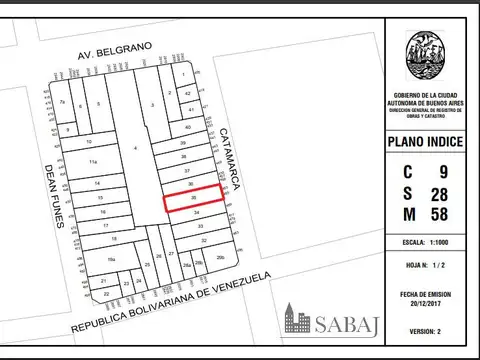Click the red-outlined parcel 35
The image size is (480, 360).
194,199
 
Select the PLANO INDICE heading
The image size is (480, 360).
425,142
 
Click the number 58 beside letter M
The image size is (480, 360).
439,214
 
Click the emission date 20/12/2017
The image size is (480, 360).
425,302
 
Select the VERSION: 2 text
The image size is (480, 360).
425,330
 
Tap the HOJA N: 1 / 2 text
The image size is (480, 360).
425,266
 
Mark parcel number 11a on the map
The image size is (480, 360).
93,161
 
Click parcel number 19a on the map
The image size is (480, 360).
112,259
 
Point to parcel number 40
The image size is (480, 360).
186,129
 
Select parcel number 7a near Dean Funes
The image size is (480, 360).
62,102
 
